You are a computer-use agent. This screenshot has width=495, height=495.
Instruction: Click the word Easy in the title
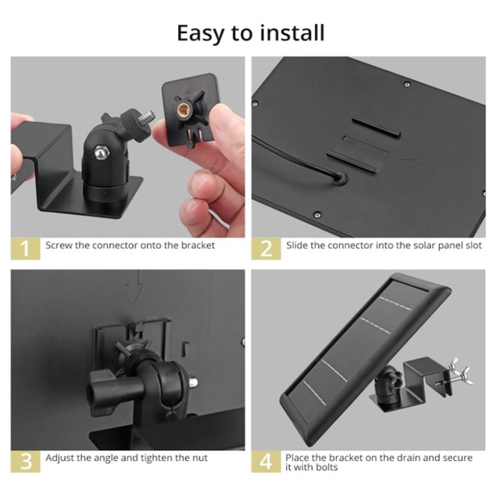(201, 34)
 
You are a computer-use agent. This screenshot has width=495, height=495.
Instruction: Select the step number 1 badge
(25, 248)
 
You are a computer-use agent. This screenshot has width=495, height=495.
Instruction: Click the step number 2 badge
(266, 248)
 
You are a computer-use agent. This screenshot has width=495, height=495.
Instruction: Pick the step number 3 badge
(25, 461)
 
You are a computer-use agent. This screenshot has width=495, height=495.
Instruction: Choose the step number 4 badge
(266, 461)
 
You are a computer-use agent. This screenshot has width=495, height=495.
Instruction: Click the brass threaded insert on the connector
(183, 110)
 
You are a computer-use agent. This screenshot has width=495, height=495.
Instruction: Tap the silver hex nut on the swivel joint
(102, 152)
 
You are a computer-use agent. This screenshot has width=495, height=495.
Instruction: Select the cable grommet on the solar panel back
(341, 178)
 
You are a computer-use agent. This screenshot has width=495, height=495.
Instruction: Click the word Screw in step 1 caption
(59, 246)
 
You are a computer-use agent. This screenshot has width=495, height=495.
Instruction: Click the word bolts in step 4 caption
(327, 467)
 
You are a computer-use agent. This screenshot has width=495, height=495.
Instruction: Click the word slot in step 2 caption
(474, 246)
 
